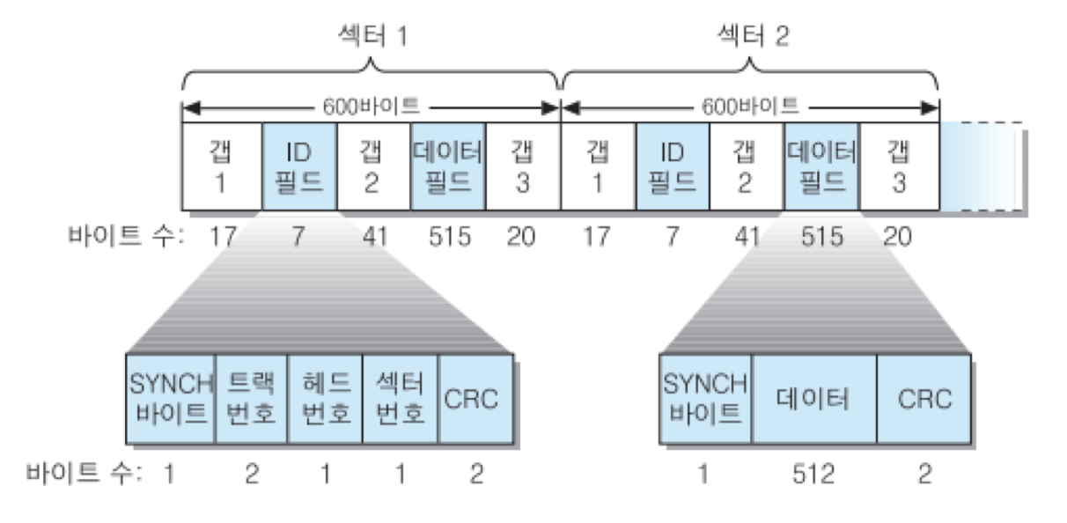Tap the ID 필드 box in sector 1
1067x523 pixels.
pyautogui.click(x=299, y=167)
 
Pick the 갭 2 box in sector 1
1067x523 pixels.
pyautogui.click(x=373, y=167)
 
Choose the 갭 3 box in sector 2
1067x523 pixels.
pyautogui.click(x=899, y=167)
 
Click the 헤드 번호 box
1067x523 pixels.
pyautogui.click(x=325, y=399)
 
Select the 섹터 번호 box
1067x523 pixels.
pyautogui.click(x=400, y=399)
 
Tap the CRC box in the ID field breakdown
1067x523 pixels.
pyautogui.click(x=475, y=399)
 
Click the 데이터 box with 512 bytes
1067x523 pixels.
pyautogui.click(x=813, y=399)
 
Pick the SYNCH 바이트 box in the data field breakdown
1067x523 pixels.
pyautogui.click(x=705, y=399)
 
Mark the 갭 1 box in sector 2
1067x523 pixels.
pyautogui.click(x=599, y=167)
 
